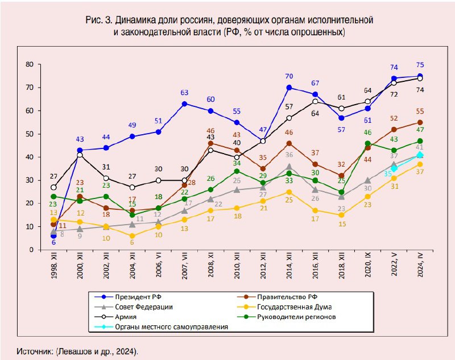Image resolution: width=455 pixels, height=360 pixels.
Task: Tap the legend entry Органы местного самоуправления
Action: point(164,327)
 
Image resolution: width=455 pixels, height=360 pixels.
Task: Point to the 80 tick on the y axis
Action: point(28,64)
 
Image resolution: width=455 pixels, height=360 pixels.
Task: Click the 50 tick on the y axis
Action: point(28,134)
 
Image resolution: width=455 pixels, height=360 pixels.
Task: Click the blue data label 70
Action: point(289,76)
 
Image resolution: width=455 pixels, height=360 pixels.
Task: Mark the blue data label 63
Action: point(184,93)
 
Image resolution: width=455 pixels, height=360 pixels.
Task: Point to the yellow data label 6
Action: point(133,242)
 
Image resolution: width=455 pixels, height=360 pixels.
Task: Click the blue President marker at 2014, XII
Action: point(289,88)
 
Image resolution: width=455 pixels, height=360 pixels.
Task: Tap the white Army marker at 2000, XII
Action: point(80,155)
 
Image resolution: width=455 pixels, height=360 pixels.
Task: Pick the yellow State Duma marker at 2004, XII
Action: point(133,235)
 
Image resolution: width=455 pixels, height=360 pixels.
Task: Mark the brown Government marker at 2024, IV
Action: point(420,122)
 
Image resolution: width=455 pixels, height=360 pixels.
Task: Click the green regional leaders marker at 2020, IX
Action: point(367,143)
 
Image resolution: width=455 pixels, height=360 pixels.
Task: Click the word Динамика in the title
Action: point(128,20)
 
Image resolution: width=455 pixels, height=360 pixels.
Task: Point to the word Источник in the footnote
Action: point(36,351)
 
